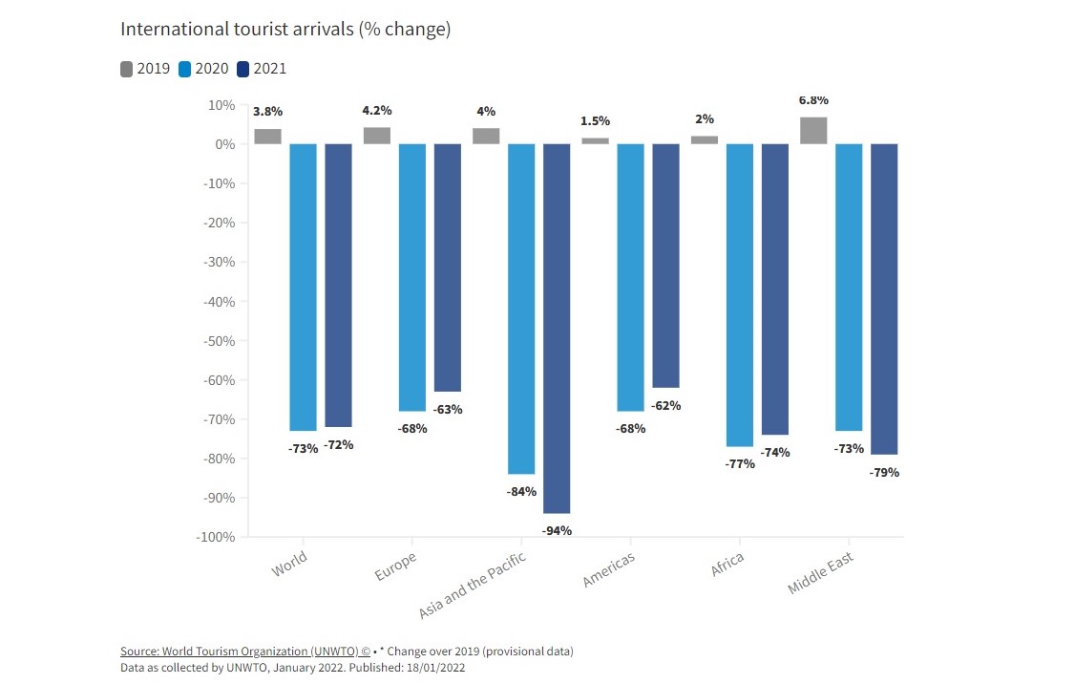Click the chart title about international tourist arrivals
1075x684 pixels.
tap(285, 30)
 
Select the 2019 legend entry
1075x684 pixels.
tap(145, 68)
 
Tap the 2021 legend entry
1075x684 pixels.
tap(262, 68)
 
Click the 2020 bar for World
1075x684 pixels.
tap(303, 287)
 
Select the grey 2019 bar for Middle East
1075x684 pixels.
tap(813, 131)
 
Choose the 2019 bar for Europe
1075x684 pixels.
tap(377, 136)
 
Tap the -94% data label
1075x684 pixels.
tap(556, 530)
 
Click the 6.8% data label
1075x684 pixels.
tap(813, 100)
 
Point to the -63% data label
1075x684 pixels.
tap(447, 410)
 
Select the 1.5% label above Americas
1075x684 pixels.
tap(595, 121)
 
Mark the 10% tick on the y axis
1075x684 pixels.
tap(221, 105)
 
